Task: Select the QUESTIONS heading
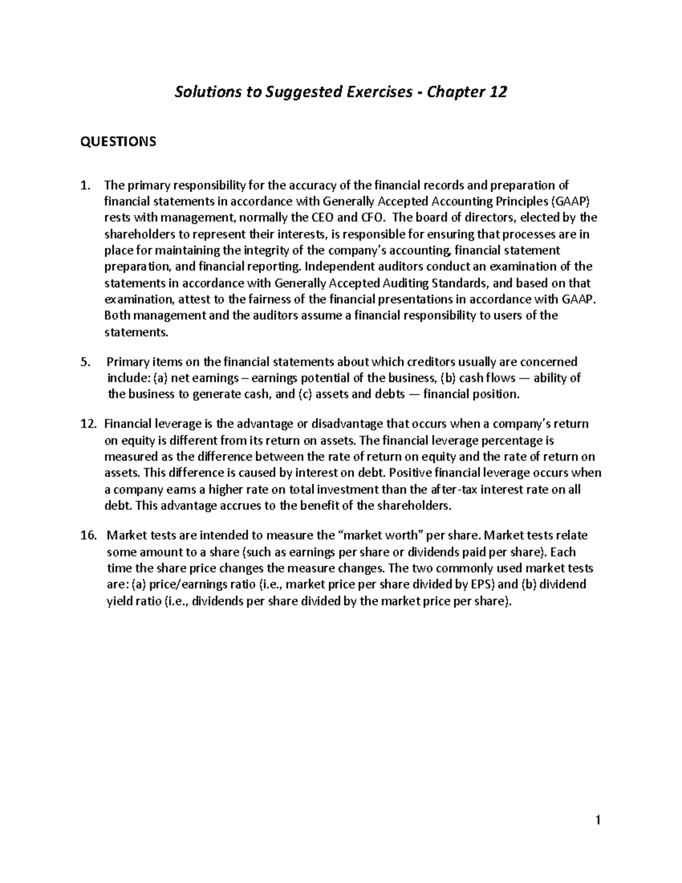(118, 142)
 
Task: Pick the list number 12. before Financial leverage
(89, 424)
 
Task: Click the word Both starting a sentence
(117, 316)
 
